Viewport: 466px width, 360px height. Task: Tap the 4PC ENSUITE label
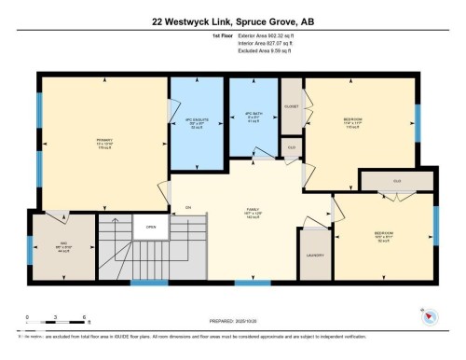(196, 122)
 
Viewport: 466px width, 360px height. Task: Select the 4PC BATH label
(254, 117)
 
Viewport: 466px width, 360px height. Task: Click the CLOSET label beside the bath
(291, 106)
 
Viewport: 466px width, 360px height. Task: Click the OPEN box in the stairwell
(150, 226)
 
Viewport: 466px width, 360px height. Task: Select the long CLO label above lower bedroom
(396, 180)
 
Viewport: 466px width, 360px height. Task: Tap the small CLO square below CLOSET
(292, 147)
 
